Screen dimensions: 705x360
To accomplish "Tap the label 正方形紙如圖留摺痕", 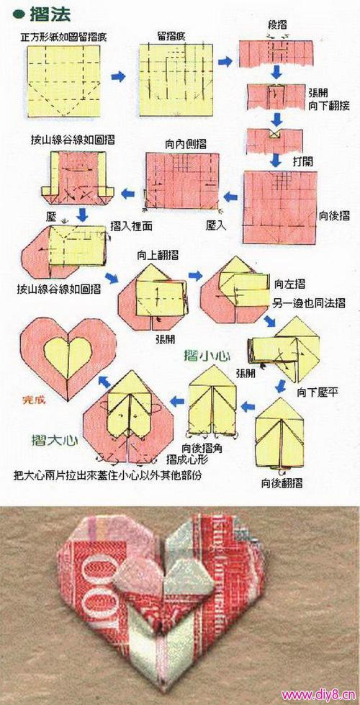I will point(65,34).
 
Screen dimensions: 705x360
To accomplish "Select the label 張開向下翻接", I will point(328,99).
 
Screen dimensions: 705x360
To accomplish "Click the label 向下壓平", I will point(317,392).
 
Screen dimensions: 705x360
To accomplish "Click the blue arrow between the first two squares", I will point(119,74).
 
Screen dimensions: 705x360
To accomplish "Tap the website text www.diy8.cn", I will point(319,694).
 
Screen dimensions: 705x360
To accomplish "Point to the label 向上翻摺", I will point(158,254).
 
